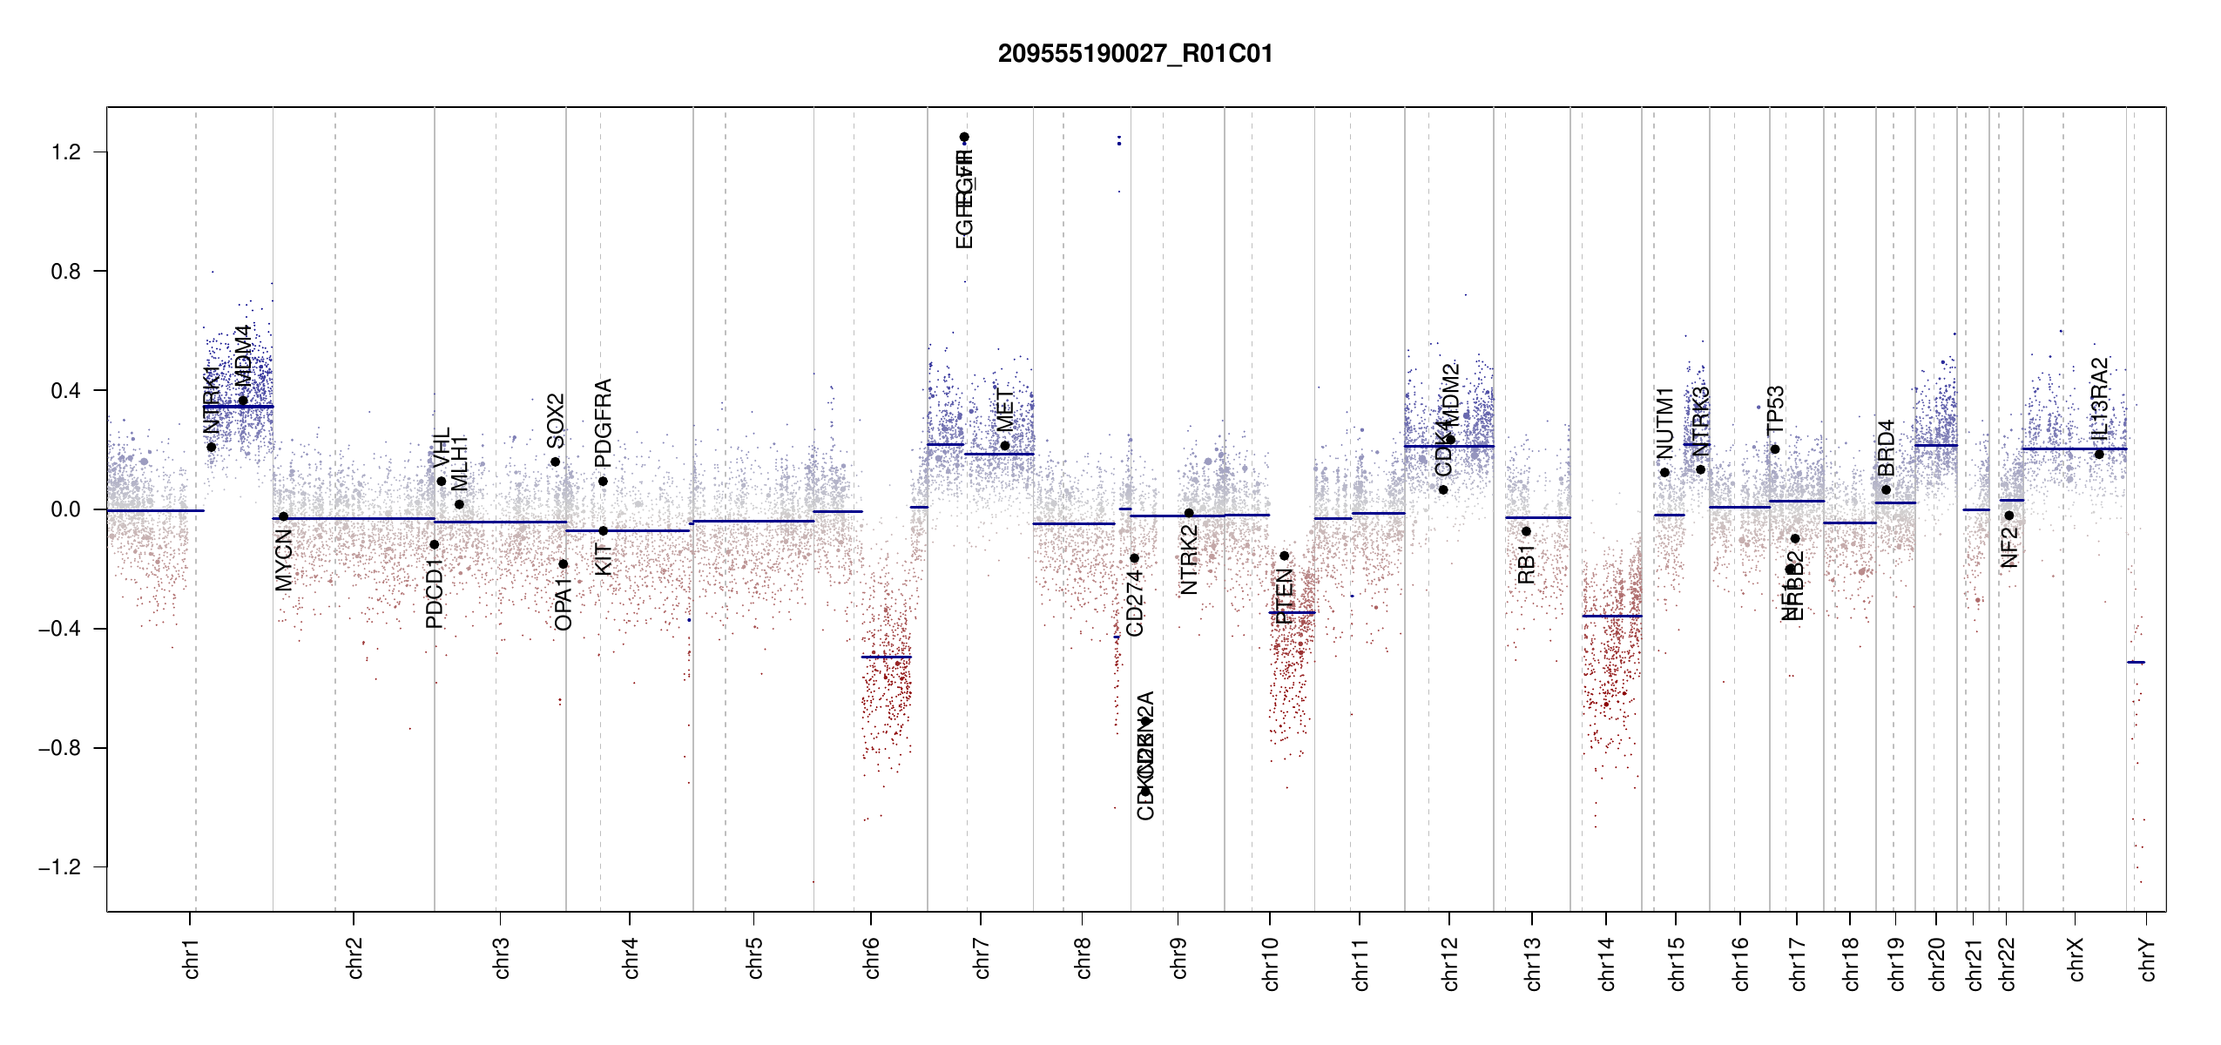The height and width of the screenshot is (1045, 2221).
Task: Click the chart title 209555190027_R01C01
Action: (x=1135, y=54)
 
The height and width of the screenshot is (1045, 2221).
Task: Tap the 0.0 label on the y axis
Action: (x=65, y=509)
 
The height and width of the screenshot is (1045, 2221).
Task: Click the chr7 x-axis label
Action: (x=982, y=958)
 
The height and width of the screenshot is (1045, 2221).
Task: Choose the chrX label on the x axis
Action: (x=2076, y=959)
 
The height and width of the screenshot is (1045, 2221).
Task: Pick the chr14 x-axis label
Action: (x=1607, y=963)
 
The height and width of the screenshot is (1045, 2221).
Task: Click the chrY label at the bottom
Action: (x=2148, y=959)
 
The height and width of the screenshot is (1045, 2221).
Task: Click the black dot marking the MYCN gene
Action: (x=283, y=516)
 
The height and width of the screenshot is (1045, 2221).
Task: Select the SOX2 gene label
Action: (x=556, y=421)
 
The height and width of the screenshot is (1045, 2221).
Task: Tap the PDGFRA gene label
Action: (x=603, y=422)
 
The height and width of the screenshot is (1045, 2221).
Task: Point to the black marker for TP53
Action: (x=1775, y=449)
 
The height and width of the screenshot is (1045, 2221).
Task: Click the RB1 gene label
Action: (x=1526, y=564)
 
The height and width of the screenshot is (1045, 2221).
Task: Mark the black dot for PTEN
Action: (x=1284, y=556)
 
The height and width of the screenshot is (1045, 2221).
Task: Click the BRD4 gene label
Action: (x=1887, y=448)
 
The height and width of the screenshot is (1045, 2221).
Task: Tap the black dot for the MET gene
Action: (x=1005, y=446)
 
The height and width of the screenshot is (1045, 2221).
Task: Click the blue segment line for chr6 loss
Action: (x=887, y=657)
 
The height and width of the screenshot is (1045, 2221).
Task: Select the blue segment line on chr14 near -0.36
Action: (x=1612, y=617)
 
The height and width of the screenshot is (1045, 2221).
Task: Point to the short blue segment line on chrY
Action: (x=2136, y=663)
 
